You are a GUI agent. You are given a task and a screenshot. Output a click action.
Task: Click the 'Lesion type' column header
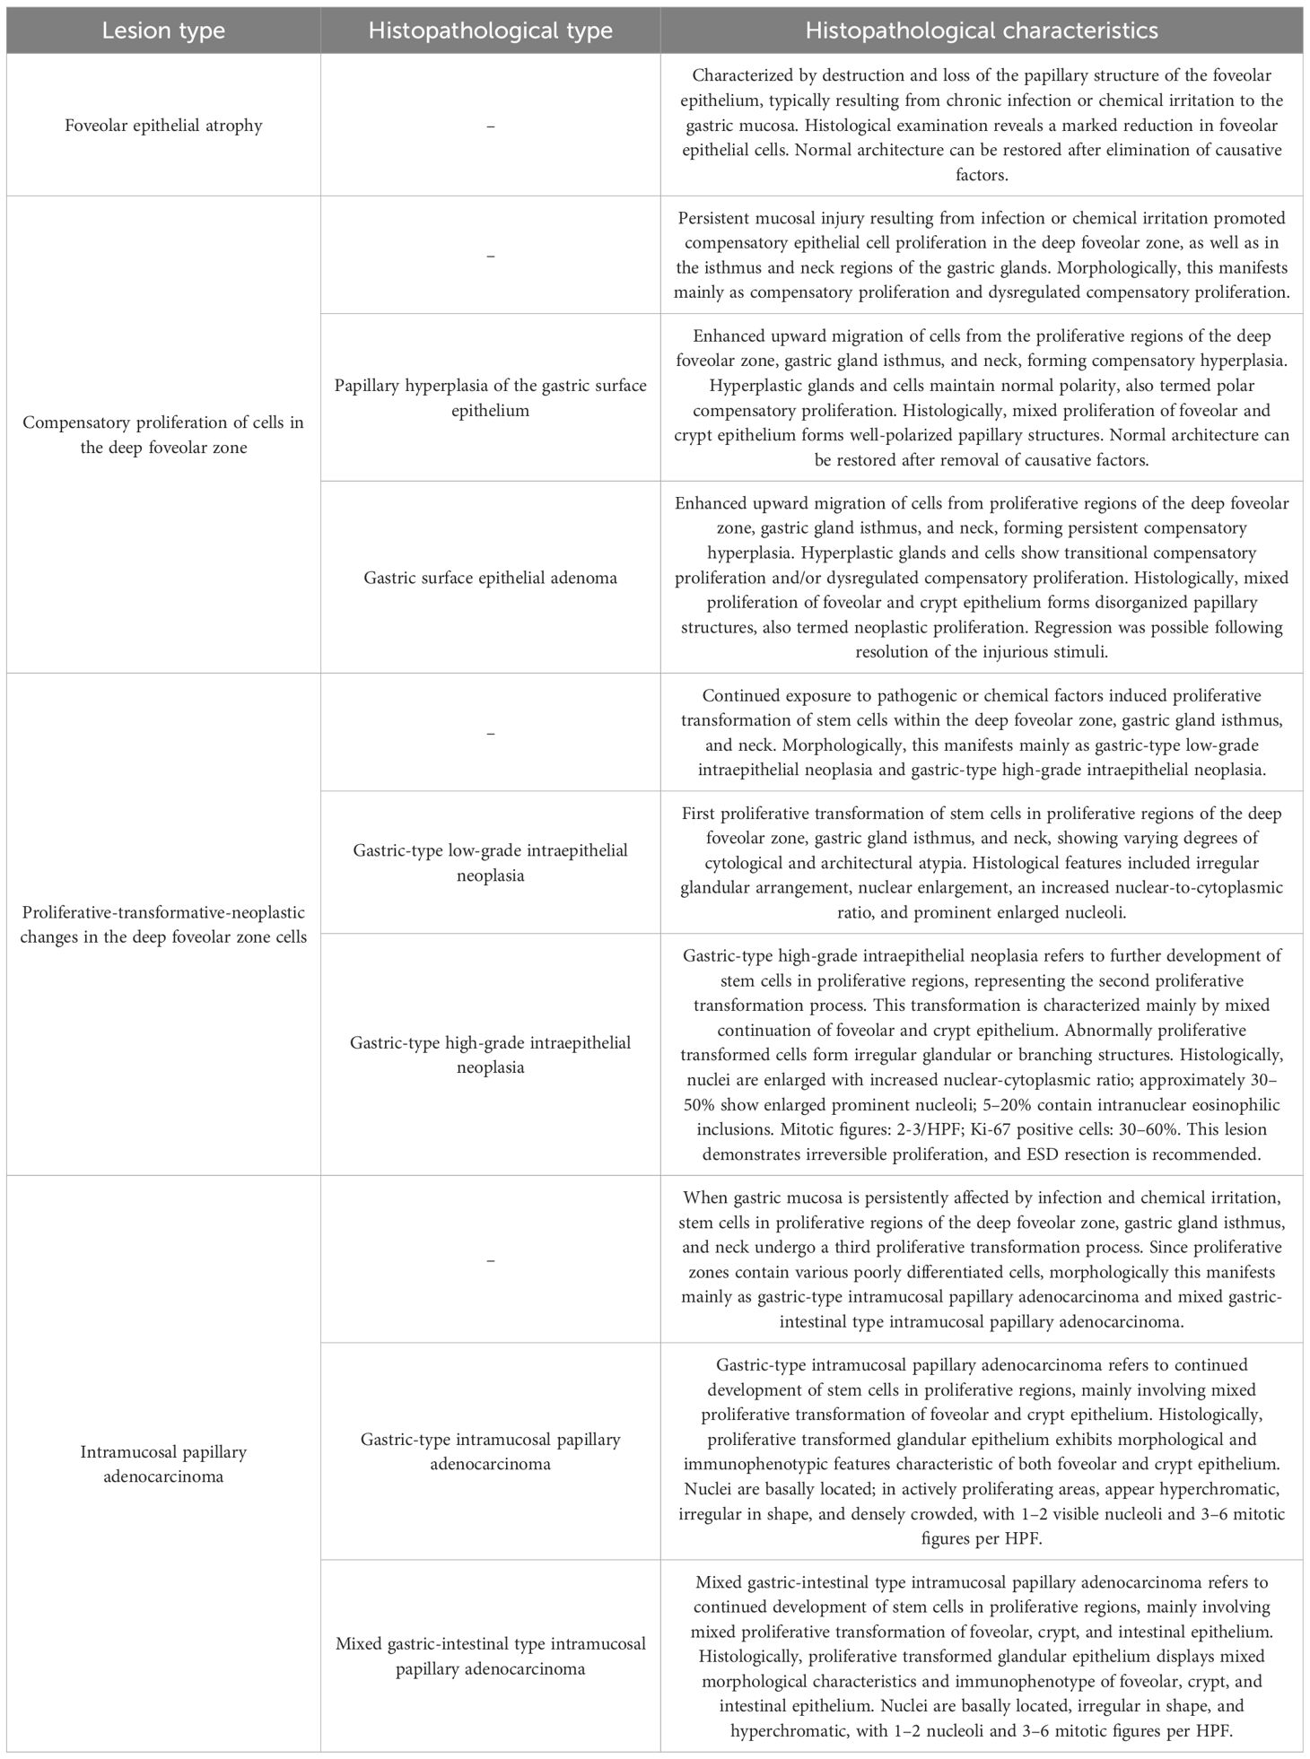pyautogui.click(x=163, y=30)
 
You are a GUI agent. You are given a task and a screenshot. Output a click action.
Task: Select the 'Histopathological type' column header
pyautogui.click(x=490, y=30)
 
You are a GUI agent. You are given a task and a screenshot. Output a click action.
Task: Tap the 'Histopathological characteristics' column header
pyautogui.click(x=982, y=30)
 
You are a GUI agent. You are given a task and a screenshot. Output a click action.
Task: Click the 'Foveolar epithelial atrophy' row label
pyautogui.click(x=163, y=125)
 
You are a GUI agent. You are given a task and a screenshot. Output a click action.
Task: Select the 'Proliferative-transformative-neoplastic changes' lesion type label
pyautogui.click(x=163, y=924)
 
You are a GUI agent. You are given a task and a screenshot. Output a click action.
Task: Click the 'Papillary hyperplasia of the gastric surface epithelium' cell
pyautogui.click(x=490, y=397)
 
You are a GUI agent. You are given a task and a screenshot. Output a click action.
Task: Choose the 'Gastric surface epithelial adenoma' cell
pyautogui.click(x=490, y=578)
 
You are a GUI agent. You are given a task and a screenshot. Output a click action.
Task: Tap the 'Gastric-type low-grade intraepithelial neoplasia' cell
pyautogui.click(x=490, y=862)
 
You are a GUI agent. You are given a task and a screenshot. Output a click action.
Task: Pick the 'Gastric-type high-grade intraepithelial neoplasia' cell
pyautogui.click(x=490, y=1055)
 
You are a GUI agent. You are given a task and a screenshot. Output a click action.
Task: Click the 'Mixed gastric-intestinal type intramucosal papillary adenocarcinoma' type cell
pyautogui.click(x=490, y=1656)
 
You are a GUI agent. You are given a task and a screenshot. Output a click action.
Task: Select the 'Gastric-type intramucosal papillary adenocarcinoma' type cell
pyautogui.click(x=490, y=1451)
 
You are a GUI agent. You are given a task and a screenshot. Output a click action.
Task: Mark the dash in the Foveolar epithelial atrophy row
pyautogui.click(x=490, y=126)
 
